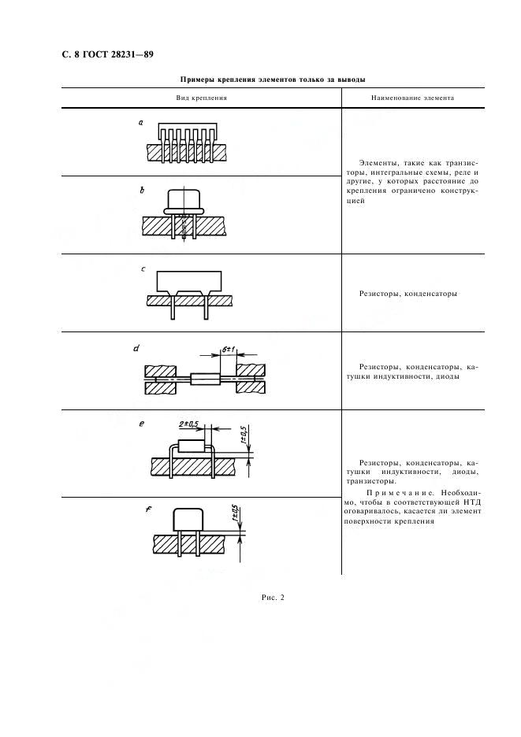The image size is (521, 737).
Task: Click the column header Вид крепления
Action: (x=202, y=98)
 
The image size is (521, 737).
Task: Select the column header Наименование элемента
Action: (x=413, y=98)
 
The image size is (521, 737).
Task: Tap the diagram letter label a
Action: (x=141, y=123)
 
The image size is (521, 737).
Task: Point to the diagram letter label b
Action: (x=142, y=191)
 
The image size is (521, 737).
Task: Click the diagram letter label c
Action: (x=143, y=269)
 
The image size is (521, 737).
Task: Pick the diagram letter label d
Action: (x=136, y=348)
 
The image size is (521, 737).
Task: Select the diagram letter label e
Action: (x=142, y=424)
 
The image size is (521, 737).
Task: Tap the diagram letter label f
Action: (x=149, y=509)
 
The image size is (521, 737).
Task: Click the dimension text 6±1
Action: (x=229, y=350)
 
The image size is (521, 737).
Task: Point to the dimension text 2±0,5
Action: (x=188, y=424)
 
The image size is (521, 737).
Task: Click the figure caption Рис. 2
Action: (x=273, y=598)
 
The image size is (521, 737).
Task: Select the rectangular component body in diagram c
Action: (x=188, y=282)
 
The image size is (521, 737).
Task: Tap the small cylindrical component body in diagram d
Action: (x=205, y=379)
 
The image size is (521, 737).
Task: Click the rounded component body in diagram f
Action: (x=188, y=520)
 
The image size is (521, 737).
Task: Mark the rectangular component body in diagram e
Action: (x=193, y=445)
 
